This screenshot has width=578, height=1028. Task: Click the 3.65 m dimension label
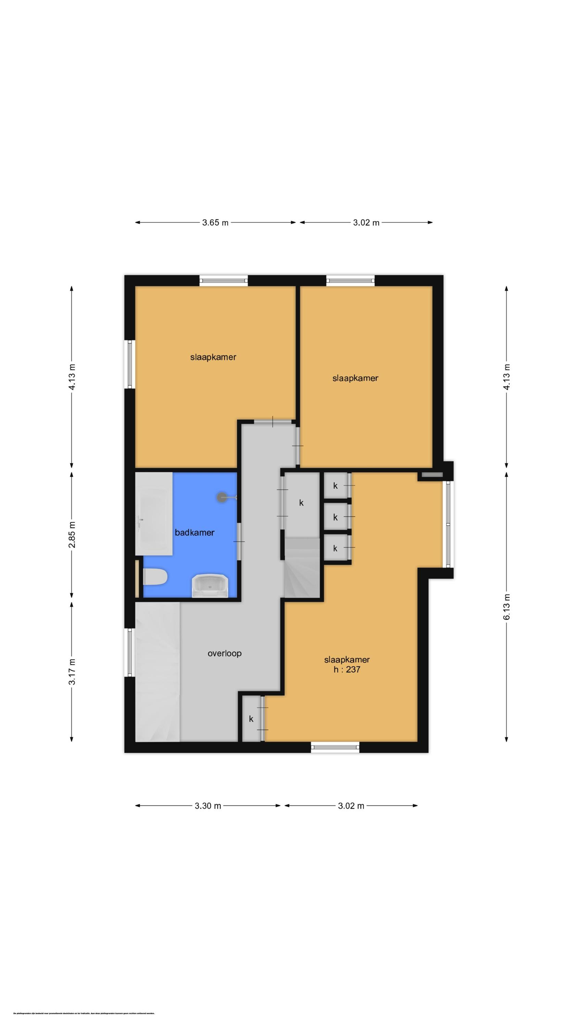point(215,223)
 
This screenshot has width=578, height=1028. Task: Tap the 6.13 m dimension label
point(506,607)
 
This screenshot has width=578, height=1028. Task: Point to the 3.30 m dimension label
point(208,806)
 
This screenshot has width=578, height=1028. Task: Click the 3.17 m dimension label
point(72,671)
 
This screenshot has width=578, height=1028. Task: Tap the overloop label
point(225,653)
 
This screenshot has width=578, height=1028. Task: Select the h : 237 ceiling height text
point(347,670)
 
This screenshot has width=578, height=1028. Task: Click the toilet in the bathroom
point(155,577)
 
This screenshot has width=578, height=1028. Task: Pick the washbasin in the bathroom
point(210,585)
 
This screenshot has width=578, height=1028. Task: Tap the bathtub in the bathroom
point(154,514)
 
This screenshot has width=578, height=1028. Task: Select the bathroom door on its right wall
point(239,541)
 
